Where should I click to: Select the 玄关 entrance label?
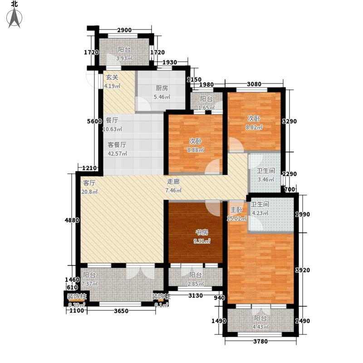(x=112, y=77)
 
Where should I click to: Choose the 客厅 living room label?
(x=89, y=183)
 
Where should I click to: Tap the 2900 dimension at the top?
(x=124, y=30)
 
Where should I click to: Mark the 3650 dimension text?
(x=121, y=310)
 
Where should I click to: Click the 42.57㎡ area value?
(x=117, y=153)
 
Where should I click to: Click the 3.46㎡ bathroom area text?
(x=266, y=180)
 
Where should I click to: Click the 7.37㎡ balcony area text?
(x=91, y=283)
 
